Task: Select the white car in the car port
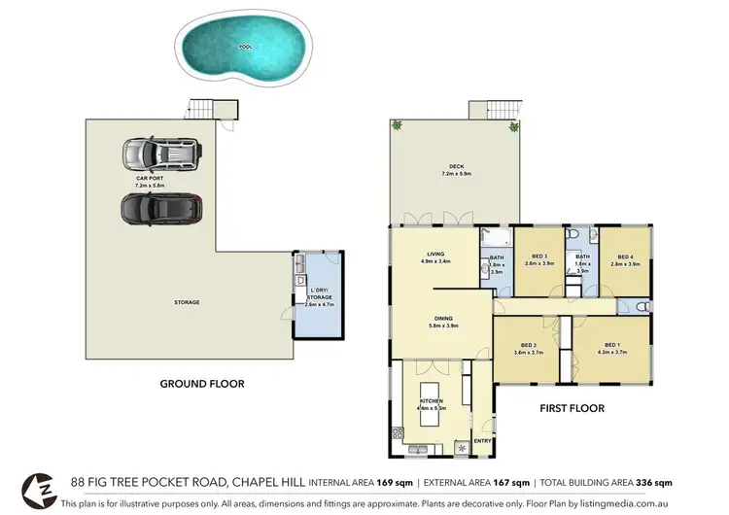(158, 154)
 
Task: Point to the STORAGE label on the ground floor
(187, 302)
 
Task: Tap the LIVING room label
(432, 256)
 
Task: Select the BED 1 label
(611, 346)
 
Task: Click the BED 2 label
(529, 346)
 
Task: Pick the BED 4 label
(624, 257)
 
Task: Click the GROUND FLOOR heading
(201, 384)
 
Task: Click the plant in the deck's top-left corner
(397, 126)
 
